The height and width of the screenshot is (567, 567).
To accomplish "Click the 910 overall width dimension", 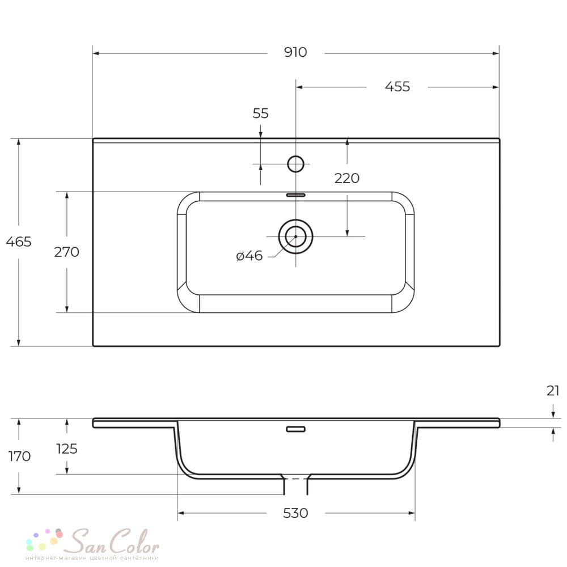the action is pyautogui.click(x=295, y=52).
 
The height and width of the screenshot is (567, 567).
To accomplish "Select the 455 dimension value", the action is pyautogui.click(x=397, y=87).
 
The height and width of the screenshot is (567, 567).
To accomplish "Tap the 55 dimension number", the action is pyautogui.click(x=260, y=113).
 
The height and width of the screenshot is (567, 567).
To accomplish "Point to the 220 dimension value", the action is pyautogui.click(x=347, y=178).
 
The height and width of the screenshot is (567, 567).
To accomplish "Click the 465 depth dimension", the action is pyautogui.click(x=19, y=242).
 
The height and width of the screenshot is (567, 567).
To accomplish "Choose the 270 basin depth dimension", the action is pyautogui.click(x=66, y=252).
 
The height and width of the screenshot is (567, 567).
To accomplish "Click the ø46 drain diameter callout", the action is pyautogui.click(x=249, y=256).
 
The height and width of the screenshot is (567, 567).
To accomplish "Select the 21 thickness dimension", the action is pyautogui.click(x=553, y=391).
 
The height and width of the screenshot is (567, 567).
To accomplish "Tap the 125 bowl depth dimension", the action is pyautogui.click(x=67, y=448).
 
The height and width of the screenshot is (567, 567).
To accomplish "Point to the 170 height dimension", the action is pyautogui.click(x=19, y=456).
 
